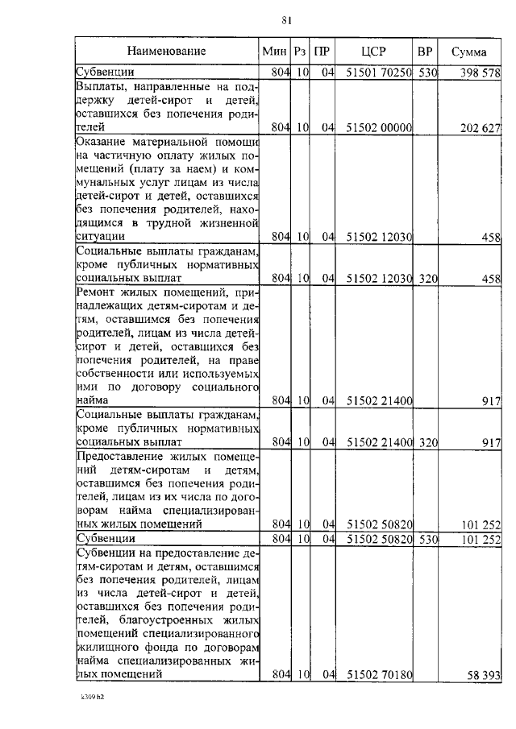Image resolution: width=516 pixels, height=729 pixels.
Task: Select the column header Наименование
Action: click(x=166, y=52)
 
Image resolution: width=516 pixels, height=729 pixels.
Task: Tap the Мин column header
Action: click(x=275, y=52)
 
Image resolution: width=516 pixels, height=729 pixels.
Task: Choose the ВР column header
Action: click(x=425, y=52)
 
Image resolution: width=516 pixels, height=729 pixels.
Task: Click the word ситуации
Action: click(x=101, y=237)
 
